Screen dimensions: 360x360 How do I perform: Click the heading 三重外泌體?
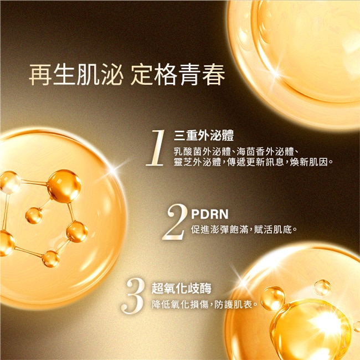[x=204, y=135]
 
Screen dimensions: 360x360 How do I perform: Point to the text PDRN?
[x=209, y=214]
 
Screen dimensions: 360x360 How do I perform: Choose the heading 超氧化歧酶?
[x=181, y=289]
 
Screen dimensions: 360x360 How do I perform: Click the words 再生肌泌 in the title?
[x=76, y=75]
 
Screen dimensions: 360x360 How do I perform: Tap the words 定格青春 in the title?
[x=178, y=75]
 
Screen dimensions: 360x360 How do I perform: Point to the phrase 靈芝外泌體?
[x=198, y=162]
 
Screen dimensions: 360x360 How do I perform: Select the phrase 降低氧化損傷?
[x=180, y=305]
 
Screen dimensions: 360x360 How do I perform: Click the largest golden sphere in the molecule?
[x=64, y=186]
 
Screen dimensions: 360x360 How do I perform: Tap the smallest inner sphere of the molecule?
[x=34, y=215]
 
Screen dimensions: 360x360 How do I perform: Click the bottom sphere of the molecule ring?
[x=51, y=259]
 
